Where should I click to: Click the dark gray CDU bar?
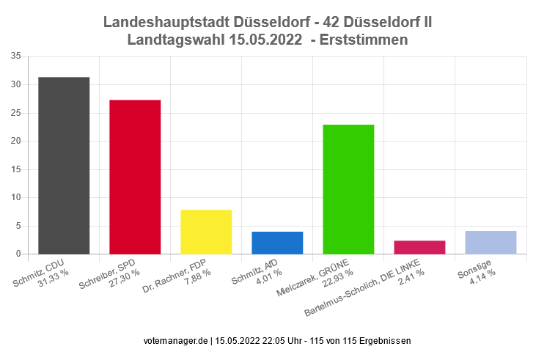pos(64,166)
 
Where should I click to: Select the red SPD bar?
pos(135,177)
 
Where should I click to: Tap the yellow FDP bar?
pos(206,232)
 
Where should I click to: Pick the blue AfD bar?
pos(277,243)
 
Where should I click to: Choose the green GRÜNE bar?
pos(348,189)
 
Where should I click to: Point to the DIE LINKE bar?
pos(419,247)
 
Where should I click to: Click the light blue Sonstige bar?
pos(491,243)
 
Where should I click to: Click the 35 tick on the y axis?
pos(15,56)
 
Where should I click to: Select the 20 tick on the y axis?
pos(15,141)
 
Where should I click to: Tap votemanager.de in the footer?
pos(176,341)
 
